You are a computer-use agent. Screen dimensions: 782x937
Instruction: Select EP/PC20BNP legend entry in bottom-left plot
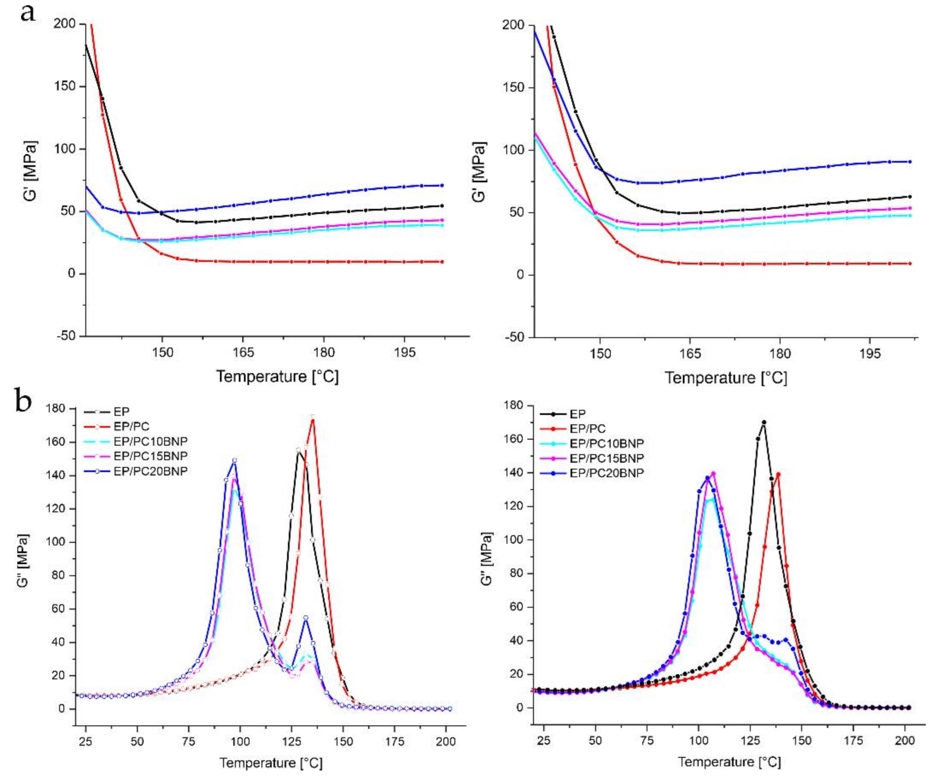point(150,472)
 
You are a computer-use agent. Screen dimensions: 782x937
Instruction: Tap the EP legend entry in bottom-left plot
point(121,412)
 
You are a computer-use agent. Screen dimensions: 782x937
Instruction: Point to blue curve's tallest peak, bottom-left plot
point(234,460)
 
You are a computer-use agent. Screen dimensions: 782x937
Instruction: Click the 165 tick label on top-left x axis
point(243,352)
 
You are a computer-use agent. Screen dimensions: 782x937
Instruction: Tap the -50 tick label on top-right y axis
point(517,338)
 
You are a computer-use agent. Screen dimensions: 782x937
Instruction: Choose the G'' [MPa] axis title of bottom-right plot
point(488,559)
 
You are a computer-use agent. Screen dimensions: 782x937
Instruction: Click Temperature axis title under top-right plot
point(726,378)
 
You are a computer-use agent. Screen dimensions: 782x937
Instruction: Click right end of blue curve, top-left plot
point(442,185)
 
